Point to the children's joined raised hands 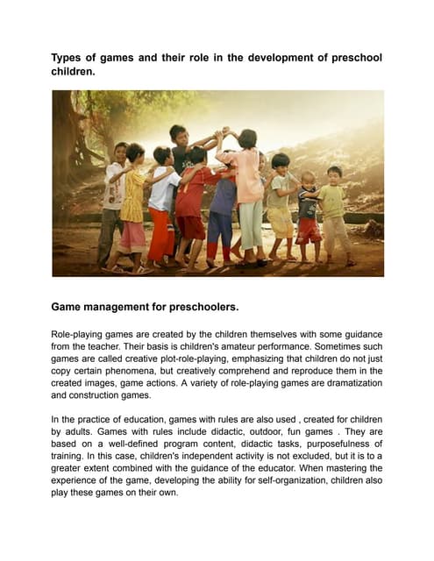(x=226, y=131)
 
